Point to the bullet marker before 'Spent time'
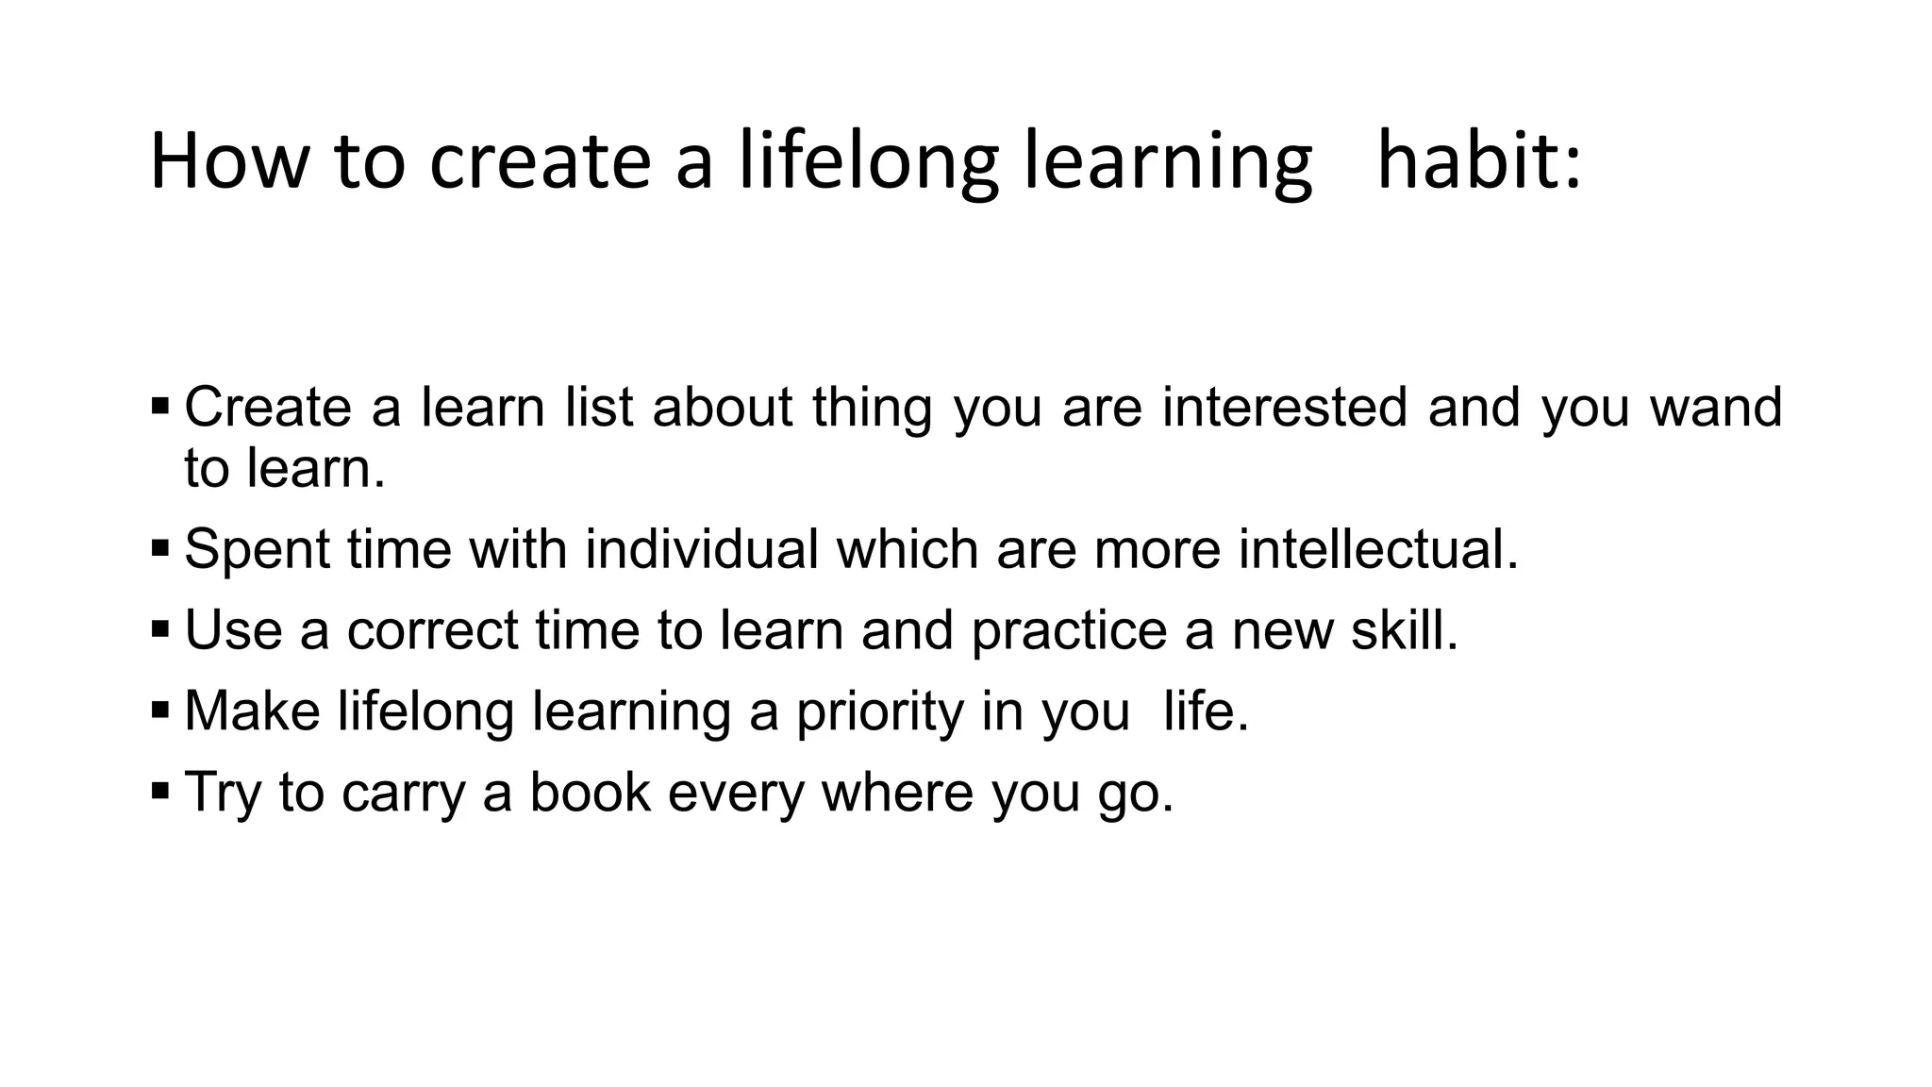pos(159,547)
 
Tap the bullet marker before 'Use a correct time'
pos(159,628)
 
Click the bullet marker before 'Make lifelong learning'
pos(159,709)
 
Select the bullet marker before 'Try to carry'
pos(159,790)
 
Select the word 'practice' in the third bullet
pos(1069,630)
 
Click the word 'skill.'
pos(1405,629)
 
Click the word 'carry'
pos(403,793)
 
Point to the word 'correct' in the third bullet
pos(432,629)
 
